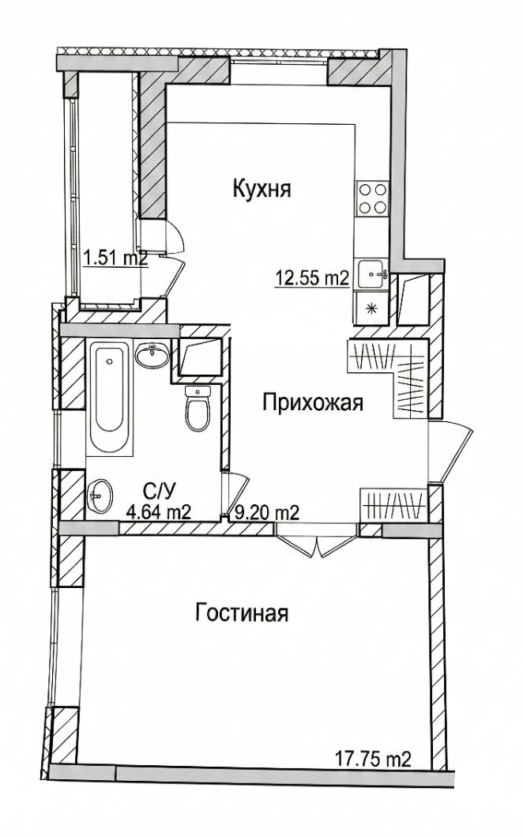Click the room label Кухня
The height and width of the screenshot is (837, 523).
point(262,189)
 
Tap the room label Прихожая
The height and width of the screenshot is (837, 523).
point(312,404)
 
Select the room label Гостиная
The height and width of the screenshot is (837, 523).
point(241,613)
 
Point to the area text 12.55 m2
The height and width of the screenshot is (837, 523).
point(312,277)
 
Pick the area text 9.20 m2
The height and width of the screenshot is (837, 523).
point(265,512)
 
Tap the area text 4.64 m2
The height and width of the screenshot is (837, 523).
point(158,512)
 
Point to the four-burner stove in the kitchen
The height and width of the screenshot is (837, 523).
point(372,198)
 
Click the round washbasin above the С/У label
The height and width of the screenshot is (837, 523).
point(100,496)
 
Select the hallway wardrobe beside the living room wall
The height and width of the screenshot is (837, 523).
point(393,502)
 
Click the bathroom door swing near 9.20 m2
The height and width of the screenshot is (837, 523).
point(235,493)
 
